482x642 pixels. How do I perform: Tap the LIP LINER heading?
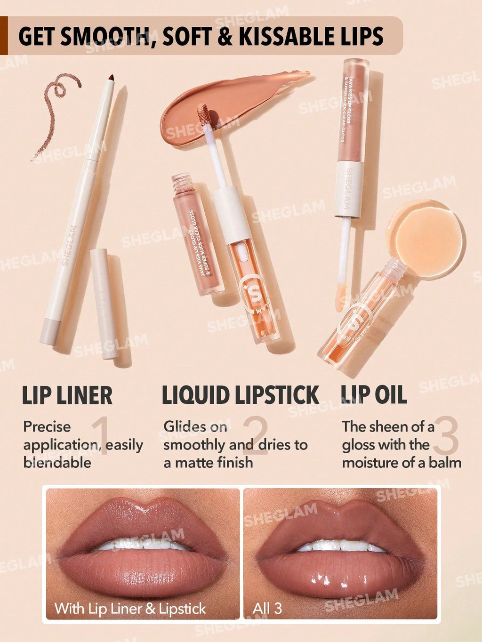[x=67, y=396]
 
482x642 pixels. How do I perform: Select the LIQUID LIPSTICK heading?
[x=241, y=395]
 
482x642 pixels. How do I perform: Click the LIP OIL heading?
[x=373, y=395]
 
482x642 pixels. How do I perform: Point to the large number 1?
[x=101, y=435]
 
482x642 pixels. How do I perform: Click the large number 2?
[x=256, y=435]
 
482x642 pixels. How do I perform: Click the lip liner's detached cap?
[x=104, y=303]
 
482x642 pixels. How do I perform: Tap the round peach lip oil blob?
[x=425, y=238]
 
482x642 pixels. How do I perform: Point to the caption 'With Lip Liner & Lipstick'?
[x=130, y=609]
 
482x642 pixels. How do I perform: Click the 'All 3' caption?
[x=267, y=609]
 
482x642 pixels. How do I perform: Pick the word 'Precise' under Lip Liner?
[x=47, y=427]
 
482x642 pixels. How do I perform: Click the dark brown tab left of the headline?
[x=4, y=36]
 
